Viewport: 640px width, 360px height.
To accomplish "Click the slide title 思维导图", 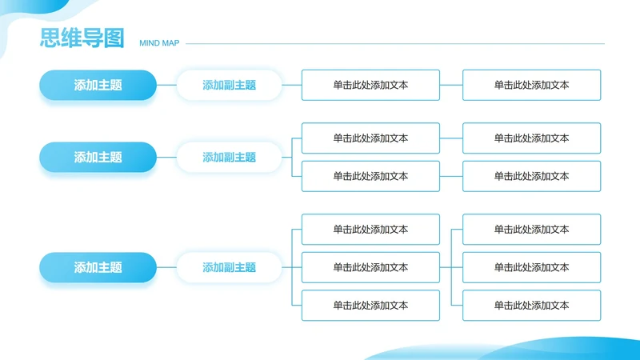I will click(82, 38).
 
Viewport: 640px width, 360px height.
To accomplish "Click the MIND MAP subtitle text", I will click(159, 43).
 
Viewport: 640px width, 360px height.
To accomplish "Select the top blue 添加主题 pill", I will click(98, 85).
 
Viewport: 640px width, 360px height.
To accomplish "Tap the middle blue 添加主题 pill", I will click(98, 158).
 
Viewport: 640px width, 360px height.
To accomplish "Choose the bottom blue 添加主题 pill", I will click(98, 268).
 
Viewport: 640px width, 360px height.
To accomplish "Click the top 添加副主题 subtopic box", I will click(229, 85).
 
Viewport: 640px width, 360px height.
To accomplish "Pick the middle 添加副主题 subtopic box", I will click(229, 158).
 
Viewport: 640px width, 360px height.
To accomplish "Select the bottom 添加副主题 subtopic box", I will click(229, 268).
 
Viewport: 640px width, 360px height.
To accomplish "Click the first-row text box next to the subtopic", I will click(370, 85).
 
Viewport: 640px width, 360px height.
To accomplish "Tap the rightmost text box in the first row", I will click(531, 85).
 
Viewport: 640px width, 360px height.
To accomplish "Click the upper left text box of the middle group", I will click(370, 138).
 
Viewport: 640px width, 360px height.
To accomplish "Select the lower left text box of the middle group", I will click(370, 176).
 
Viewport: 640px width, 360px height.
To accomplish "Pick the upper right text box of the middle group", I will click(531, 138).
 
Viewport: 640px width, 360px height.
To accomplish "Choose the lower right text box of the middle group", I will click(531, 176).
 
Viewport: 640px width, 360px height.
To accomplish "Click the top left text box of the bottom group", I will click(370, 230).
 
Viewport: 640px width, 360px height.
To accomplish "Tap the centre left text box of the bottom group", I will click(370, 267).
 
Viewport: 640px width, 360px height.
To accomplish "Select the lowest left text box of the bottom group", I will click(370, 306).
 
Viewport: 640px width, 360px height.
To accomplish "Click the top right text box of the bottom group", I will click(531, 230).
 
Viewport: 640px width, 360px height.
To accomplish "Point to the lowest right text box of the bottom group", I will click(531, 306).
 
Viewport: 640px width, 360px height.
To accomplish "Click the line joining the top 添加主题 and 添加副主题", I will click(166, 85).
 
